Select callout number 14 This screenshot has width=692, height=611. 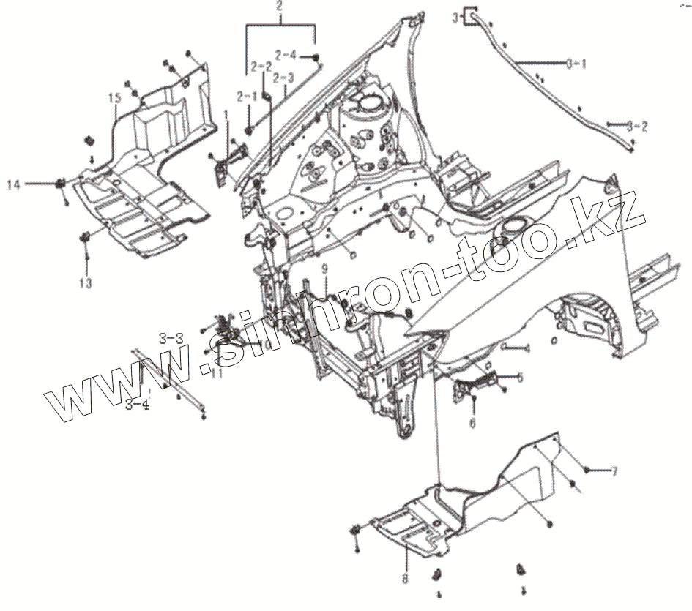click(x=15, y=184)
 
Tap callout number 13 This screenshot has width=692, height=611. click(x=86, y=282)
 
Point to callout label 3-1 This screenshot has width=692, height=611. click(x=576, y=64)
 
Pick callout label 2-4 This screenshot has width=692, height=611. click(x=286, y=54)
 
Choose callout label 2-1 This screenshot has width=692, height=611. click(x=246, y=96)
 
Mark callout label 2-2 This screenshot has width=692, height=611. click(x=261, y=67)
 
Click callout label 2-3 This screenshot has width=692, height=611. click(x=283, y=78)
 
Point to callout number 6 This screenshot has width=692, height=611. click(x=472, y=423)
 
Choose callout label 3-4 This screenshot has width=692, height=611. click(x=137, y=404)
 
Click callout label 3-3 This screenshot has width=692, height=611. click(x=171, y=337)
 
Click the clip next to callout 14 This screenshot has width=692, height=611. click(x=60, y=183)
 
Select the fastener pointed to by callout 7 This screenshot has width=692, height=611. click(x=587, y=469)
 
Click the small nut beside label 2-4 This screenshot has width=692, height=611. click(x=315, y=57)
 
